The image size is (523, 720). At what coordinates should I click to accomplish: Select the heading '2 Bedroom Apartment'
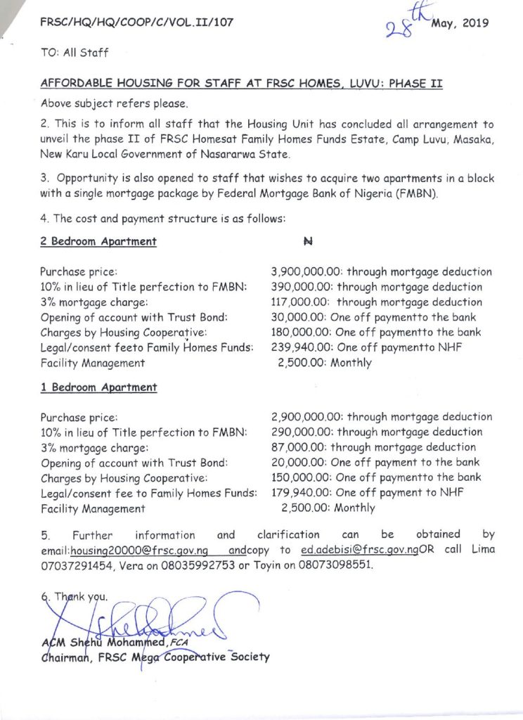[98, 242]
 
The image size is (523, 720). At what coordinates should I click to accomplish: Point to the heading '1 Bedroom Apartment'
[98, 387]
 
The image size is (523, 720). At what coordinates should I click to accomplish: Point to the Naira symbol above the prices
[307, 242]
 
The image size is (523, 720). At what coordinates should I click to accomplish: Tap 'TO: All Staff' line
[75, 53]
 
